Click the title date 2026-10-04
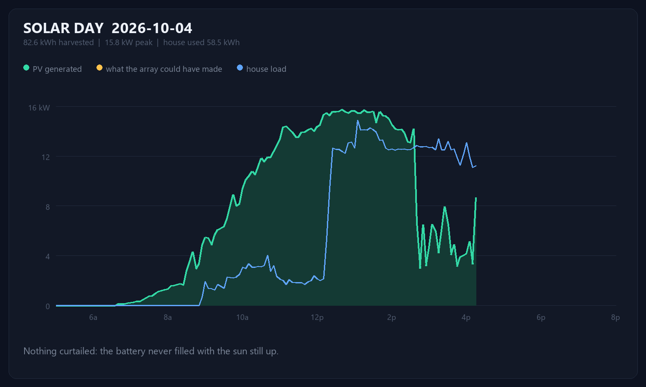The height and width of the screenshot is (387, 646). [x=152, y=28]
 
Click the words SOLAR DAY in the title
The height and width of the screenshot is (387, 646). [x=63, y=28]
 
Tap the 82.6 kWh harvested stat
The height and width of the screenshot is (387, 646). [x=59, y=42]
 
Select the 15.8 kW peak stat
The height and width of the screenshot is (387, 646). [x=129, y=42]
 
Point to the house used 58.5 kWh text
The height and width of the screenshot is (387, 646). [x=201, y=42]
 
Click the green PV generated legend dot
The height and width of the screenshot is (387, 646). [x=26, y=68]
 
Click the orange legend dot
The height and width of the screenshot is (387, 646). [x=99, y=68]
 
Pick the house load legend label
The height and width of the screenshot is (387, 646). [x=266, y=69]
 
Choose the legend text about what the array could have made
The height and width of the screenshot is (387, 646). [x=164, y=69]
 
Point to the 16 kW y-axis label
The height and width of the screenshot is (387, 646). [x=39, y=107]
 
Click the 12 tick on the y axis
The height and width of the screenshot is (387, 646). [x=46, y=157]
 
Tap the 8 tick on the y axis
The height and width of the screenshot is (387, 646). [x=47, y=207]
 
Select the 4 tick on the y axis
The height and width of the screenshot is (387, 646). [x=47, y=256]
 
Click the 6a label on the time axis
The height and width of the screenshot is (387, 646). [x=93, y=317]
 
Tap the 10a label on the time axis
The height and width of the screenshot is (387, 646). [x=242, y=317]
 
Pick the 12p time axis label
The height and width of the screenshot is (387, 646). [x=317, y=317]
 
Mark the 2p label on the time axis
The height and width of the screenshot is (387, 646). [x=391, y=317]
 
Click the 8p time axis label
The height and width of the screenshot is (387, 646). [x=615, y=317]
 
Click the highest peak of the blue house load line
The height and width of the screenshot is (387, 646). [x=357, y=121]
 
